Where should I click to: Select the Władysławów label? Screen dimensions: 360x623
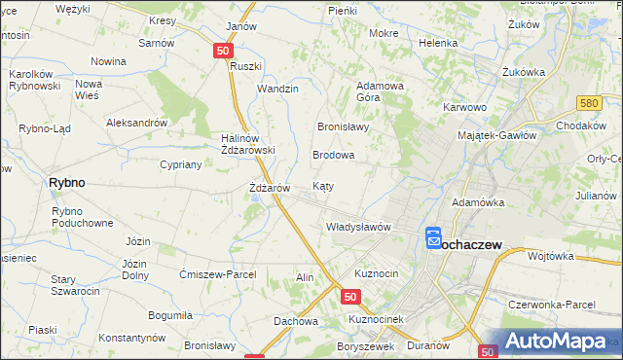357,227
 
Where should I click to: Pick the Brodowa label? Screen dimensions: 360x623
333,155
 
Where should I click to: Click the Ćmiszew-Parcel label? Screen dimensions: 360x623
218,274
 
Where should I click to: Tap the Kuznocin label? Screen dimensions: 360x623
377,273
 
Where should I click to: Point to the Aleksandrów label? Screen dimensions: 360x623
137,124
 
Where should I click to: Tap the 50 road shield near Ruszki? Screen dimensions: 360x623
224,51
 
